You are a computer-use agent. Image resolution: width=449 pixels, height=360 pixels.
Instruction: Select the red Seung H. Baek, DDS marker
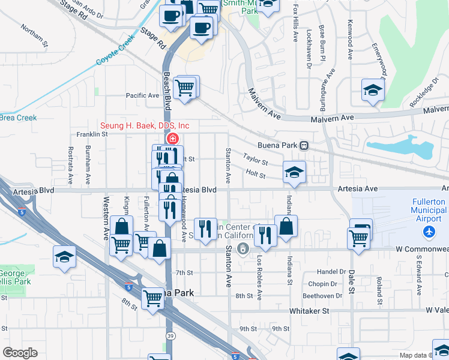(172, 139)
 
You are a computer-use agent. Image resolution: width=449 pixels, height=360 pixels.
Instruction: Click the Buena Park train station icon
(304, 145)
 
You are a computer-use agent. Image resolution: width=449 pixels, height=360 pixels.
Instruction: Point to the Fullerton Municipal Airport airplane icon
(429, 232)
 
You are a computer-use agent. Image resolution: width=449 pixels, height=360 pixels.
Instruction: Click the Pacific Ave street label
(142, 95)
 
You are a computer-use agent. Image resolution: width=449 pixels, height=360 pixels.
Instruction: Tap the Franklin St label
(92, 134)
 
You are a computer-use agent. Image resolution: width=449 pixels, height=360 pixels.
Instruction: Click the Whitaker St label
(310, 311)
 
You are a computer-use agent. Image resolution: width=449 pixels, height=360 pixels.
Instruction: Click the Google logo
(20, 352)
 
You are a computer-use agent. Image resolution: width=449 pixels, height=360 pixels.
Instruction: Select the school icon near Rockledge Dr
(373, 91)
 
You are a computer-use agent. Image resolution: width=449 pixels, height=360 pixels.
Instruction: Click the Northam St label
(34, 35)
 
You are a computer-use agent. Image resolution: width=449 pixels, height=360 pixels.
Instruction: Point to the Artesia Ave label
(358, 188)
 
